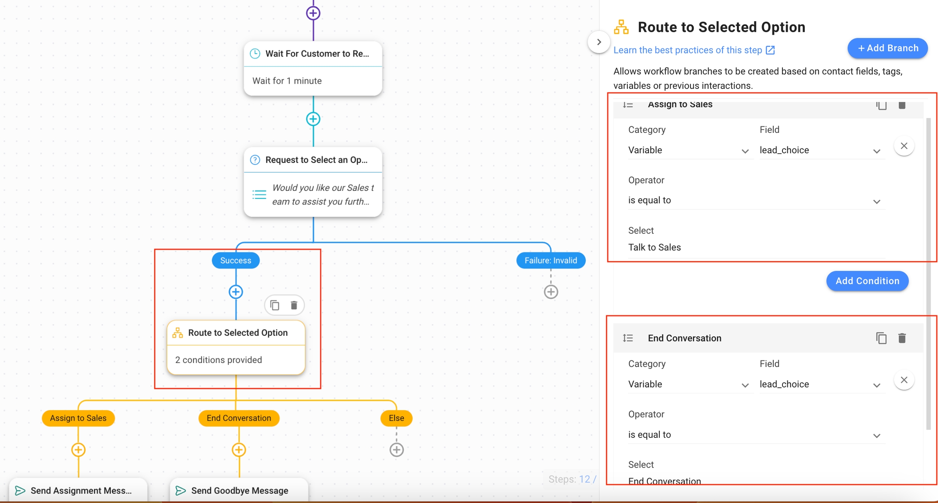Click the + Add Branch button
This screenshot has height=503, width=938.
(x=888, y=48)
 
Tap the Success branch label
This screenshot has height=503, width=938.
(x=236, y=260)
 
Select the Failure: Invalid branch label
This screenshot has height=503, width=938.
(x=550, y=260)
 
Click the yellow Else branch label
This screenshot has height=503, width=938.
(x=396, y=418)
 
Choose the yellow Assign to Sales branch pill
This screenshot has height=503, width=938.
(x=78, y=418)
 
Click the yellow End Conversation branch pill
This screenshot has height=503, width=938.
(x=239, y=418)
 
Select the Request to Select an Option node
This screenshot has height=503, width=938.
(x=313, y=181)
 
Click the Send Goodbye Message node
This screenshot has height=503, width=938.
(x=239, y=490)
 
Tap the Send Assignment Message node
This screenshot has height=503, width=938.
(x=79, y=490)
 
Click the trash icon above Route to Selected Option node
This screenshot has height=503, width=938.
(x=294, y=305)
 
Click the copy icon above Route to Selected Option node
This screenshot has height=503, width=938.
(x=275, y=305)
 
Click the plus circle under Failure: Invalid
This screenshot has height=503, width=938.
(x=551, y=292)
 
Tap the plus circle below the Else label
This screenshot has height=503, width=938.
(x=397, y=450)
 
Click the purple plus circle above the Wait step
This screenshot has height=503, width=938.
(x=313, y=13)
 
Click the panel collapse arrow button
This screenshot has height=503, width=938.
(x=599, y=42)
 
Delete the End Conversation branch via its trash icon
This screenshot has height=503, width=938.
(x=902, y=338)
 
